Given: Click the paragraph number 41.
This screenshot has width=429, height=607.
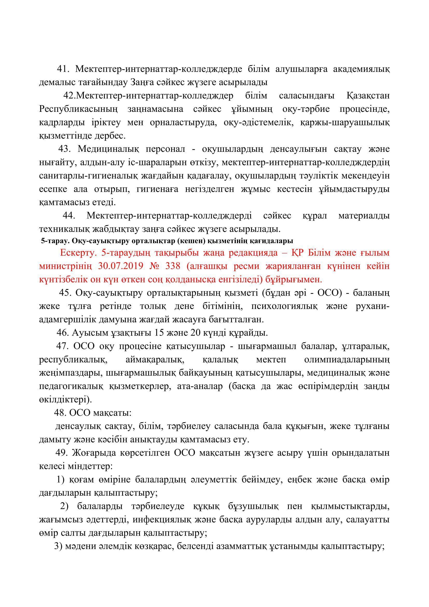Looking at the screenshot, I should coord(63,69).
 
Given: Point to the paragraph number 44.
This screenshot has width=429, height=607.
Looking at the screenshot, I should coord(69,216).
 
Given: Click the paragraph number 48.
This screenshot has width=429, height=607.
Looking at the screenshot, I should coord(60,413).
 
